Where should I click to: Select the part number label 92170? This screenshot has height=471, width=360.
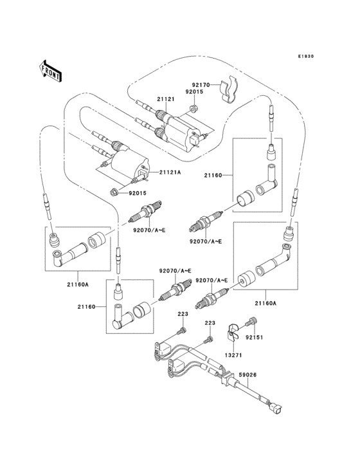[201, 84]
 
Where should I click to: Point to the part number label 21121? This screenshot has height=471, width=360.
[166, 99]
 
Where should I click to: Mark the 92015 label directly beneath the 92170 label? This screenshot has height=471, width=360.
[195, 93]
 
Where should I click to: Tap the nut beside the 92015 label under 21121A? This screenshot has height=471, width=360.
[114, 191]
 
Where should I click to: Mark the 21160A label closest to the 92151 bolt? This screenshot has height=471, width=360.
[265, 302]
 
